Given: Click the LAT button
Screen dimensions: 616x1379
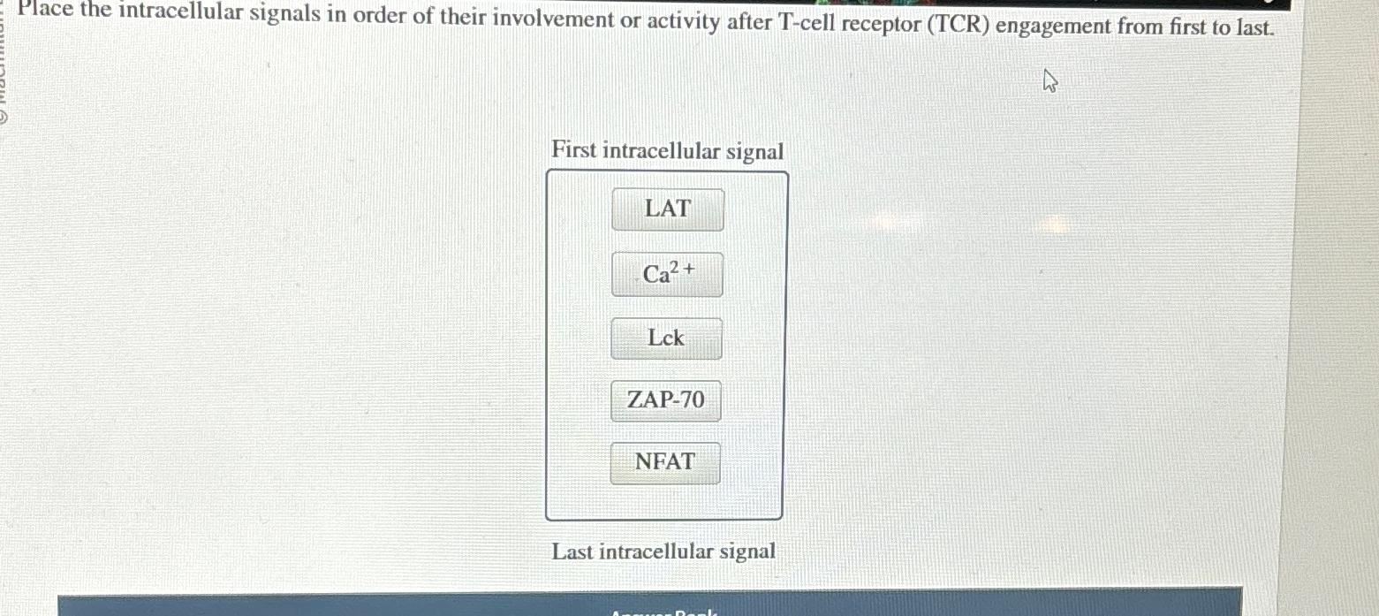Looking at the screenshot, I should (x=667, y=209).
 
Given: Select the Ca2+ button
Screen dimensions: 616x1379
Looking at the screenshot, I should (x=667, y=274).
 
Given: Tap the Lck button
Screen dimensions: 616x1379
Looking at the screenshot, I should (x=666, y=338).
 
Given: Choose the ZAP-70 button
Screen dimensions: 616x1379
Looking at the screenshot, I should (x=666, y=400).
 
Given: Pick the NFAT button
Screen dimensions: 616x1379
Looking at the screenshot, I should (x=665, y=462).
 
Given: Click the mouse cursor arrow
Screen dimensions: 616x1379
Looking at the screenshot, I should (x=1049, y=83).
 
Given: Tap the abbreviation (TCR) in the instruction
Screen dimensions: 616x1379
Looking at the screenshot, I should (x=958, y=25).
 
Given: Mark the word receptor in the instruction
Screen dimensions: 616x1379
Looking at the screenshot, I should (x=884, y=24).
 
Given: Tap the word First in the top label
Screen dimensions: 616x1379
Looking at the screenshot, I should (x=573, y=150).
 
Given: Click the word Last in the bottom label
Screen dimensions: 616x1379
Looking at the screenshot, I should (x=572, y=551).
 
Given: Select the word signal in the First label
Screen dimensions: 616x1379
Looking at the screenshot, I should (x=754, y=152).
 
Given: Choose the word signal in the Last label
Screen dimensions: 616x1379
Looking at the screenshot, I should (x=746, y=551).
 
